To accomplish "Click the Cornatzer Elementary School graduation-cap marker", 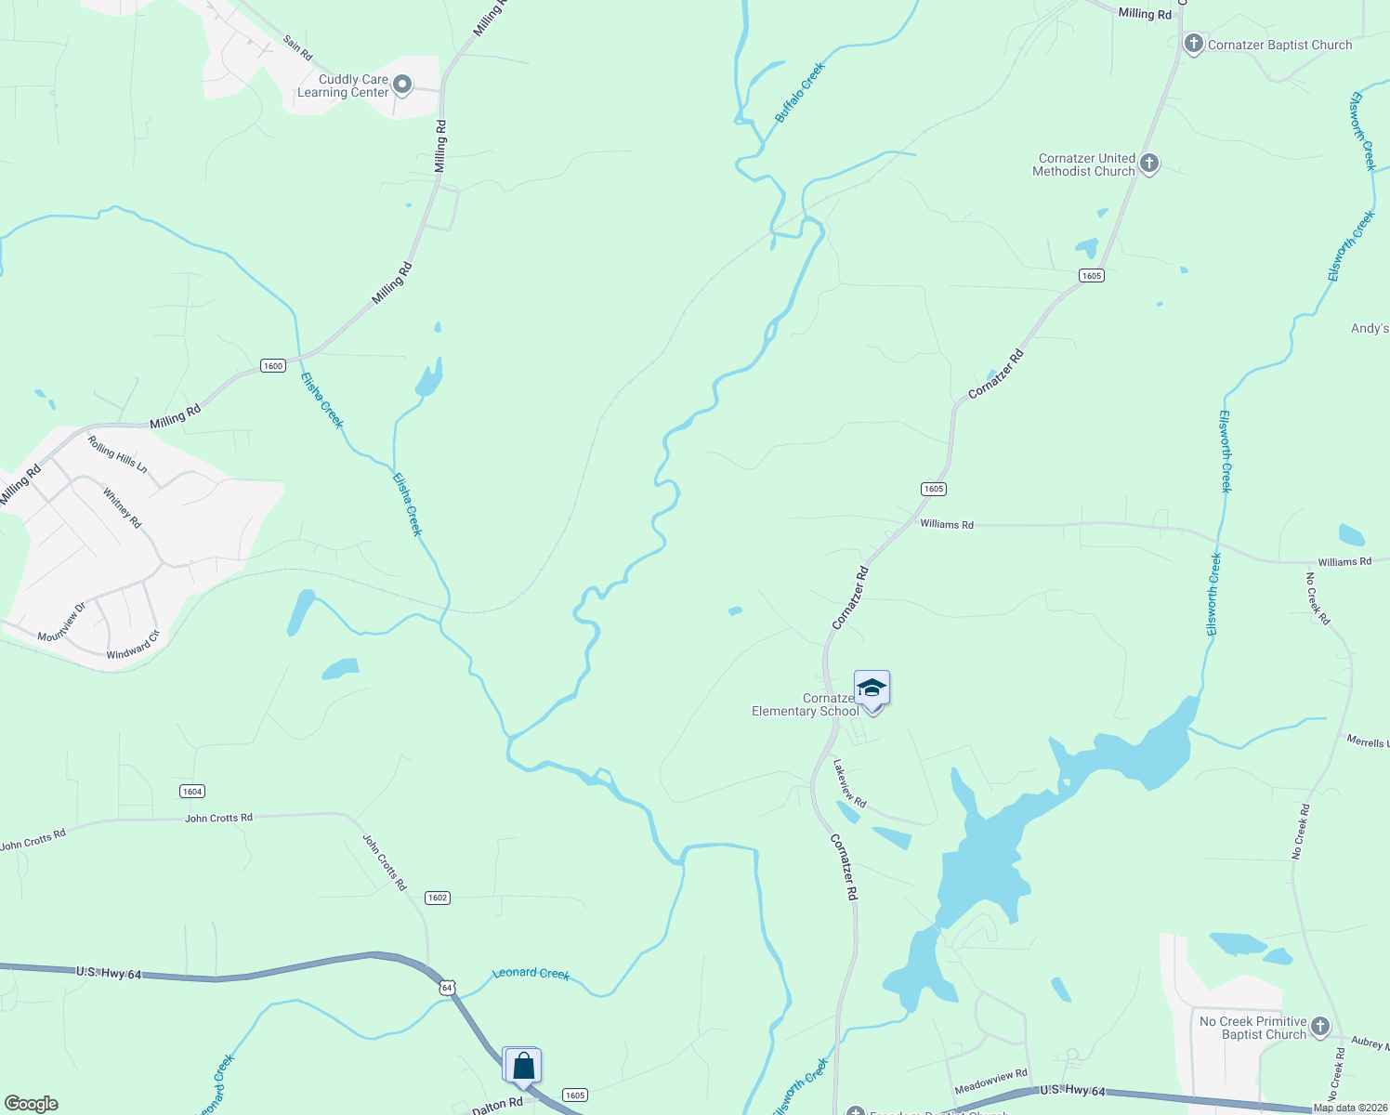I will pyautogui.click(x=872, y=689).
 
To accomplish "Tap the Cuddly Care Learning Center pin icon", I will pyautogui.click(x=402, y=85).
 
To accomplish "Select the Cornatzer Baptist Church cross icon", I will pyautogui.click(x=1193, y=44).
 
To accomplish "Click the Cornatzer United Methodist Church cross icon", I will pyautogui.click(x=1149, y=164).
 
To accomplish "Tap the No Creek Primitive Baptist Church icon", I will pyautogui.click(x=1320, y=1027).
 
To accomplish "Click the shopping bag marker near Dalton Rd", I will pyautogui.click(x=523, y=1065).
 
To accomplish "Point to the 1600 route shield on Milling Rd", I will pyautogui.click(x=272, y=366).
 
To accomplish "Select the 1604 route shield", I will pyautogui.click(x=191, y=792).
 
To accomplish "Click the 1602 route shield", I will pyautogui.click(x=438, y=898).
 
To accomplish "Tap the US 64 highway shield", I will pyautogui.click(x=448, y=987).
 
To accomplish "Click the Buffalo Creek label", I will pyautogui.click(x=800, y=92).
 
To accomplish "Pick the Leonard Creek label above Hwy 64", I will pyautogui.click(x=531, y=973).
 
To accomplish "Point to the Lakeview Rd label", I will pyautogui.click(x=849, y=783).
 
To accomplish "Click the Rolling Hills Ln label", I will pyautogui.click(x=117, y=453).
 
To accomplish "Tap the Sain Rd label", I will pyautogui.click(x=297, y=47).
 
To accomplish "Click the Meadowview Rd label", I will pyautogui.click(x=990, y=1082).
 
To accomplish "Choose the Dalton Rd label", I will pyautogui.click(x=497, y=1106).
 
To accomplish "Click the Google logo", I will pyautogui.click(x=32, y=1103).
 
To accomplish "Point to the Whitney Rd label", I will pyautogui.click(x=122, y=508).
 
